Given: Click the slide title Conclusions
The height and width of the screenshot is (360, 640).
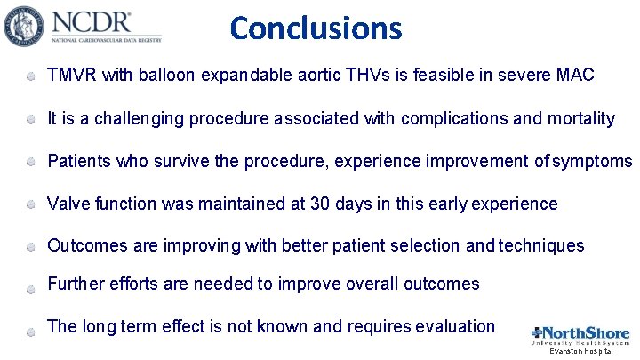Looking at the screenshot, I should pyautogui.click(x=316, y=28).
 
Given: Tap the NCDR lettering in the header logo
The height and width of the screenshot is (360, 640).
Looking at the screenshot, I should pyautogui.click(x=92, y=22).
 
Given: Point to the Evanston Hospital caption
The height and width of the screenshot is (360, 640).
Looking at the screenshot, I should pyautogui.click(x=580, y=352).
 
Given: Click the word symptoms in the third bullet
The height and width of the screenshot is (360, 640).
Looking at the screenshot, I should pyautogui.click(x=593, y=161).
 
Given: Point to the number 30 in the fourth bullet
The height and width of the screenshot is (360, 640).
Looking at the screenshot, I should pyautogui.click(x=321, y=204).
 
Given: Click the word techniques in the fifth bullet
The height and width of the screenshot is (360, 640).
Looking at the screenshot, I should pyautogui.click(x=542, y=245).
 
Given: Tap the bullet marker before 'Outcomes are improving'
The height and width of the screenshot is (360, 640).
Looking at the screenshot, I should pyautogui.click(x=31, y=247).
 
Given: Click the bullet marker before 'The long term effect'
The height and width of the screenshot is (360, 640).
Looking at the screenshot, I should pyautogui.click(x=31, y=328).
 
